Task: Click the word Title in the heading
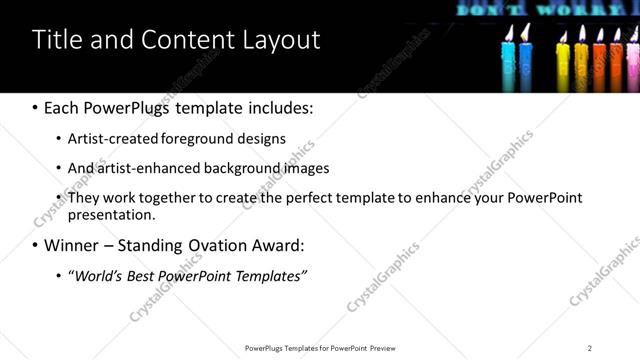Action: (x=54, y=40)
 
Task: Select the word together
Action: (x=172, y=198)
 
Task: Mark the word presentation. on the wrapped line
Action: (x=111, y=214)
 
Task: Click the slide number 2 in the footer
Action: (x=590, y=348)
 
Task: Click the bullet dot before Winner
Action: (x=36, y=245)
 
